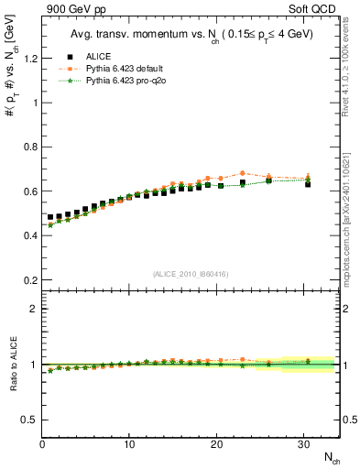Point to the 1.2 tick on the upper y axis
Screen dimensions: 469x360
pyautogui.click(x=29, y=59)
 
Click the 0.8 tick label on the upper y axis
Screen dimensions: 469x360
pyautogui.click(x=29, y=147)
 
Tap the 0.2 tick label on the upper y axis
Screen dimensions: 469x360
pyautogui.click(x=29, y=280)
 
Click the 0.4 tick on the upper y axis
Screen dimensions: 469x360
pyautogui.click(x=29, y=235)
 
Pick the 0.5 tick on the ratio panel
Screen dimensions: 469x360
pyautogui.click(x=29, y=420)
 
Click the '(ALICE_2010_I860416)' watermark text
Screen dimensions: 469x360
pyautogui.click(x=191, y=274)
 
